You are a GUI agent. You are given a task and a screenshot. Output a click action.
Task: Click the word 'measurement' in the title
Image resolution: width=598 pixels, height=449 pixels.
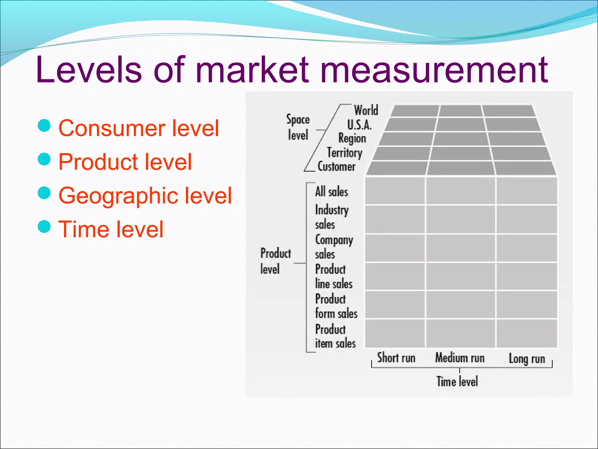click(434, 70)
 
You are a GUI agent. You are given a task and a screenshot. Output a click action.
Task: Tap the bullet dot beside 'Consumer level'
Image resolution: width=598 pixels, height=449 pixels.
click(44, 126)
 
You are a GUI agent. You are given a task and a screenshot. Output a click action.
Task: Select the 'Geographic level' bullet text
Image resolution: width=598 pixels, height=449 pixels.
click(145, 195)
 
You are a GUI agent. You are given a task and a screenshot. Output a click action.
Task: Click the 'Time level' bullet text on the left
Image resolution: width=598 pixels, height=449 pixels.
click(111, 229)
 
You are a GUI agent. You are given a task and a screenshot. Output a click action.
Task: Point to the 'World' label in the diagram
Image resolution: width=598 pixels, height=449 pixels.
click(366, 110)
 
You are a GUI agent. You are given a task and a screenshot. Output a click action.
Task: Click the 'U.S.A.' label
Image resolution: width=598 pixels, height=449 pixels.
click(359, 125)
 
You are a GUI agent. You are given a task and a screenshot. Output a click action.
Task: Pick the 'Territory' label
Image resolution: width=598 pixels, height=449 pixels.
click(345, 153)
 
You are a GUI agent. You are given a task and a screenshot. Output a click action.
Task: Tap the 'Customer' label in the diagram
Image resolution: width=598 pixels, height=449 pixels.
click(336, 167)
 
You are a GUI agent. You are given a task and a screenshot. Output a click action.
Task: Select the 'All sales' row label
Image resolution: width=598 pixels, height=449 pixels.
click(331, 192)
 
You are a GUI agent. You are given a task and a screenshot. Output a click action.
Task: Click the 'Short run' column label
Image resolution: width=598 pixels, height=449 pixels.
click(396, 358)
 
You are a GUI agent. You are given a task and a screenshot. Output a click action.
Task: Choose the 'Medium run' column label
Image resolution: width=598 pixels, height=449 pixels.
click(460, 358)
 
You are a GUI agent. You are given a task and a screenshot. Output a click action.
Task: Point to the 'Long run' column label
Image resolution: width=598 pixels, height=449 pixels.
click(527, 359)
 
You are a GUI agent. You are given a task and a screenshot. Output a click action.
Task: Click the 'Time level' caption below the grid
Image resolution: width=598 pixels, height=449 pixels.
click(457, 381)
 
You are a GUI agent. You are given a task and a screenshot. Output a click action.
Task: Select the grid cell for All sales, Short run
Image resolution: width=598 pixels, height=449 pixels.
click(395, 191)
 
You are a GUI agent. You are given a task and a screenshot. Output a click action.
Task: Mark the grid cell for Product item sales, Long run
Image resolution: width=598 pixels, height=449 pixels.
click(527, 333)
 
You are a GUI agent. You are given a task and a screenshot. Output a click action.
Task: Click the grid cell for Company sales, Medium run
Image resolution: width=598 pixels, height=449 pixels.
click(460, 248)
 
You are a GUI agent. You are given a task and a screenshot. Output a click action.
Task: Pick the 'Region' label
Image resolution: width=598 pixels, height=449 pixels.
click(352, 138)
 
